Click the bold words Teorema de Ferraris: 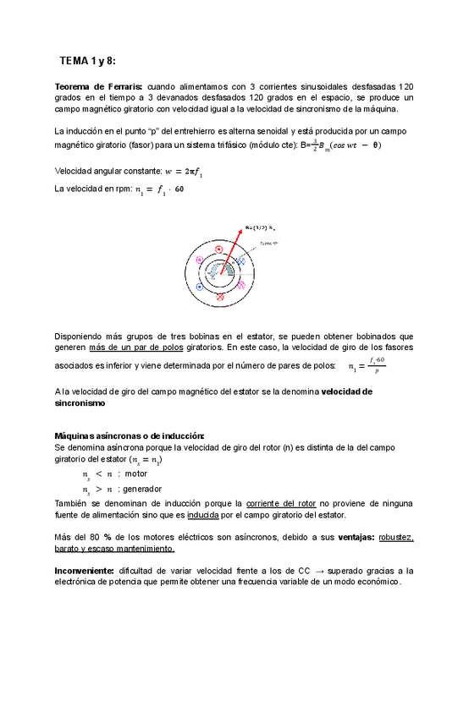click(98, 87)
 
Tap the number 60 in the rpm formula click(178, 189)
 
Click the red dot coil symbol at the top click(218, 250)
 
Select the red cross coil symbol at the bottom click(219, 298)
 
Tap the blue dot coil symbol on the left click(199, 287)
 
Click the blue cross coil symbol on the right click(240, 263)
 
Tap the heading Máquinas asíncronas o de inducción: click(130, 435)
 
